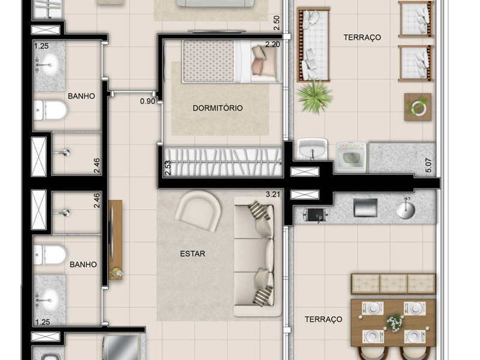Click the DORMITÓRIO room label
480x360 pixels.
click(x=218, y=108)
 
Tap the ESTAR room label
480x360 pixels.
click(x=193, y=254)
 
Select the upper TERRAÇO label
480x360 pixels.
click(x=362, y=37)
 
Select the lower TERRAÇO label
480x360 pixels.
click(x=323, y=320)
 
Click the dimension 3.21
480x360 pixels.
click(x=273, y=194)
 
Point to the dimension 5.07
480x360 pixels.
click(x=428, y=165)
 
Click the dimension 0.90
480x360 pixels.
click(x=148, y=101)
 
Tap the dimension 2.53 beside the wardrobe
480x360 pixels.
click(x=168, y=167)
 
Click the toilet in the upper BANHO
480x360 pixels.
click(x=50, y=110)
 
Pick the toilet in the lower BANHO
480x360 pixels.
click(x=50, y=255)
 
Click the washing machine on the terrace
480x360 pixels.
click(x=351, y=157)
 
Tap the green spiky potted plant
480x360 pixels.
click(x=315, y=97)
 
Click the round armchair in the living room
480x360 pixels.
click(x=198, y=211)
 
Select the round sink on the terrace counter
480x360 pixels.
click(x=406, y=209)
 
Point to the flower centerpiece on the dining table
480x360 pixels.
click(x=393, y=323)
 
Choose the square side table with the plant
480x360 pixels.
click(x=418, y=107)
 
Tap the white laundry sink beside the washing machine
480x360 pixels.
click(x=313, y=149)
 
